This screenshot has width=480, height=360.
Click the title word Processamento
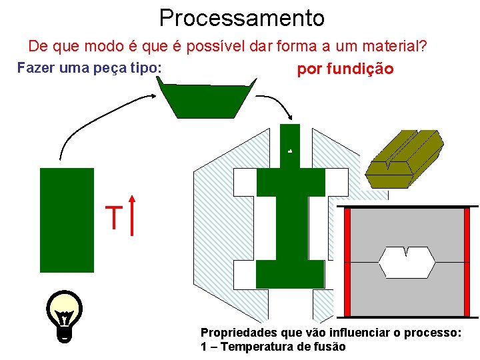pyautogui.click(x=241, y=17)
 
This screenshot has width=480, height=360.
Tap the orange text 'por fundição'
pyautogui.click(x=345, y=69)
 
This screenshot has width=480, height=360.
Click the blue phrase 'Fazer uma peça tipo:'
pyautogui.click(x=89, y=68)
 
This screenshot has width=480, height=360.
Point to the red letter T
pyautogui.click(x=114, y=218)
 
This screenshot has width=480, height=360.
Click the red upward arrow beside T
pyautogui.click(x=133, y=215)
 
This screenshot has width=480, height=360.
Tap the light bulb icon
pyautogui.click(x=65, y=315)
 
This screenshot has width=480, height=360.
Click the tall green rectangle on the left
pyautogui.click(x=67, y=220)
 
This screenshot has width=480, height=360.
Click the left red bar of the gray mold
pyautogui.click(x=347, y=261)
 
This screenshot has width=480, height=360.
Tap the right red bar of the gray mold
pyautogui.click(x=467, y=261)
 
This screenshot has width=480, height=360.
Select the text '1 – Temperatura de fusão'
pyautogui.click(x=273, y=346)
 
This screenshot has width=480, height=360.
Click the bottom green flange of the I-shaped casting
pyautogui.click(x=290, y=274)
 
